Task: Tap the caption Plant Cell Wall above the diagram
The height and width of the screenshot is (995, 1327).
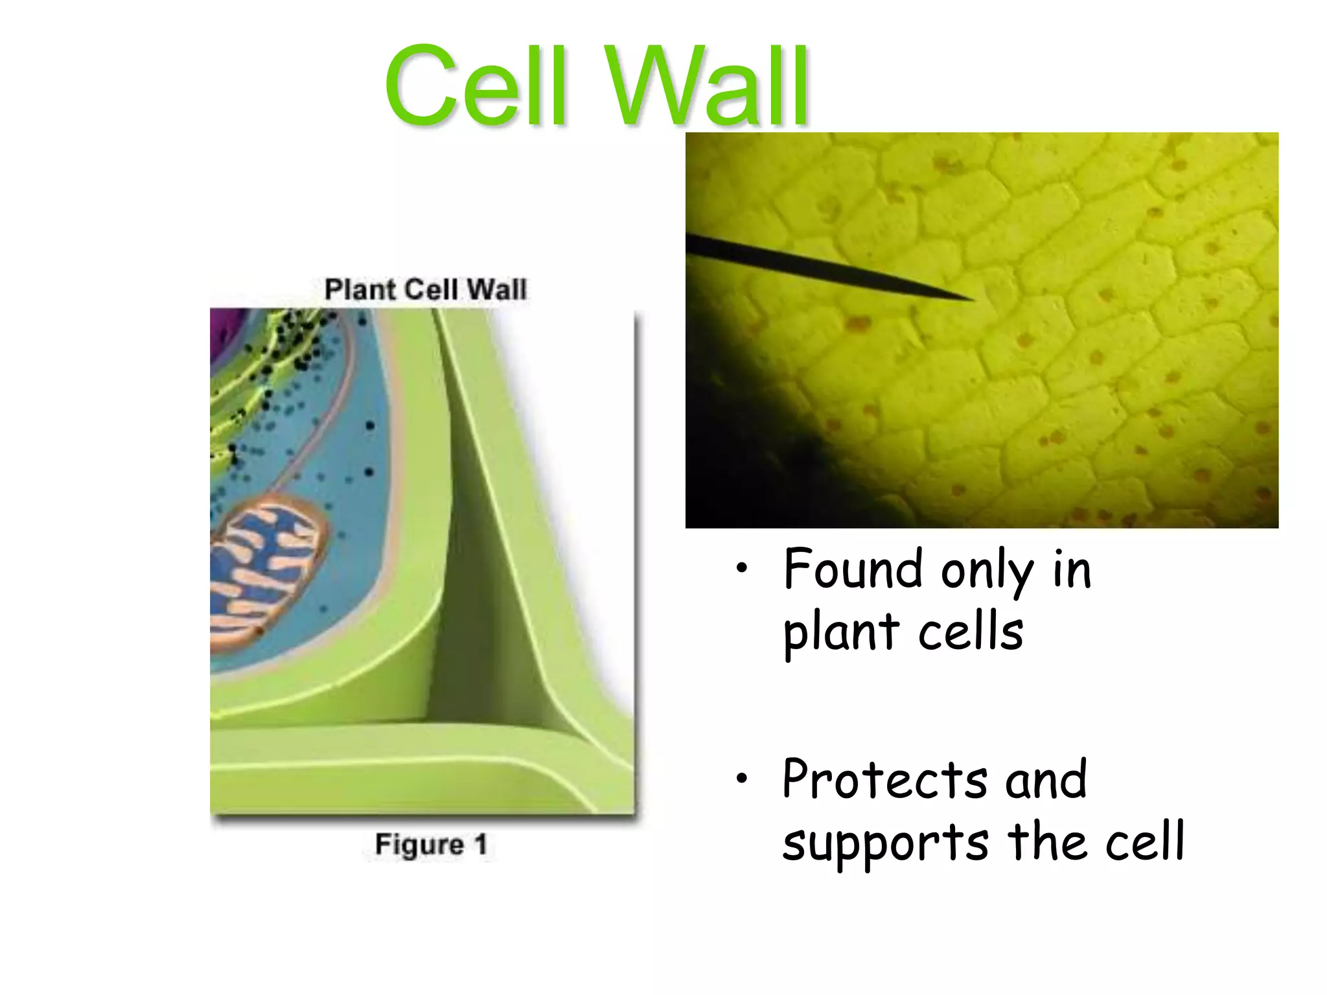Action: click(x=426, y=289)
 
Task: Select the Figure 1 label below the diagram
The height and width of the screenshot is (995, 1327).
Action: click(x=431, y=845)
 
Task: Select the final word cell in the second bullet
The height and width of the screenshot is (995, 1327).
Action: click(x=1144, y=841)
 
